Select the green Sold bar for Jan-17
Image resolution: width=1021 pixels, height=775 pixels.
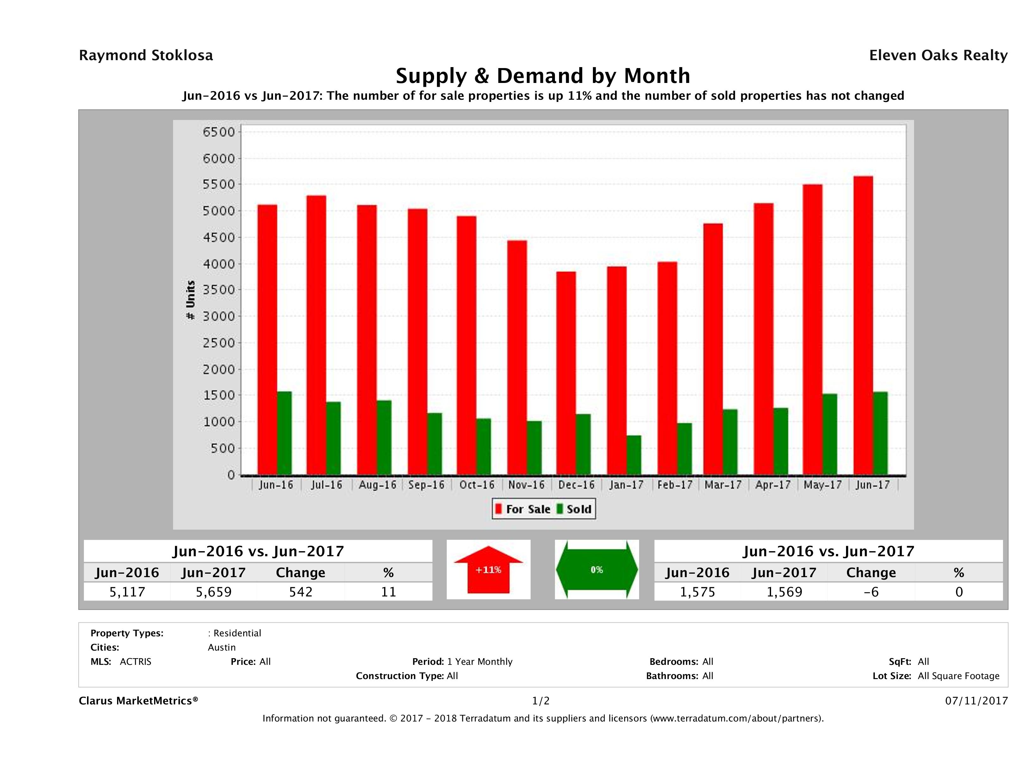[634, 455]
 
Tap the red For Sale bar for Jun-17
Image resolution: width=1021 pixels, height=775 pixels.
[863, 326]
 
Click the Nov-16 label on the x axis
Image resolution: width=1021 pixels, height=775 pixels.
[526, 485]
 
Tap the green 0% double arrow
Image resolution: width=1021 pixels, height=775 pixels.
[596, 570]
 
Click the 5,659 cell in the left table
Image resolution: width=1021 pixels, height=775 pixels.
[214, 592]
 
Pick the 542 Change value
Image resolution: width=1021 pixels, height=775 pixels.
[301, 592]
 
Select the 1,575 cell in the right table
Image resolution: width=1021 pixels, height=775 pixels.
[697, 592]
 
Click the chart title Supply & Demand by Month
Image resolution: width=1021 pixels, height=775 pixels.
[543, 76]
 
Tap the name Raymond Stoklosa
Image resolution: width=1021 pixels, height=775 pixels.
[146, 55]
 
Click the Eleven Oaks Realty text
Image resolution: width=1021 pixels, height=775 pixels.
[938, 55]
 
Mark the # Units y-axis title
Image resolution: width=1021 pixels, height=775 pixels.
[190, 300]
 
